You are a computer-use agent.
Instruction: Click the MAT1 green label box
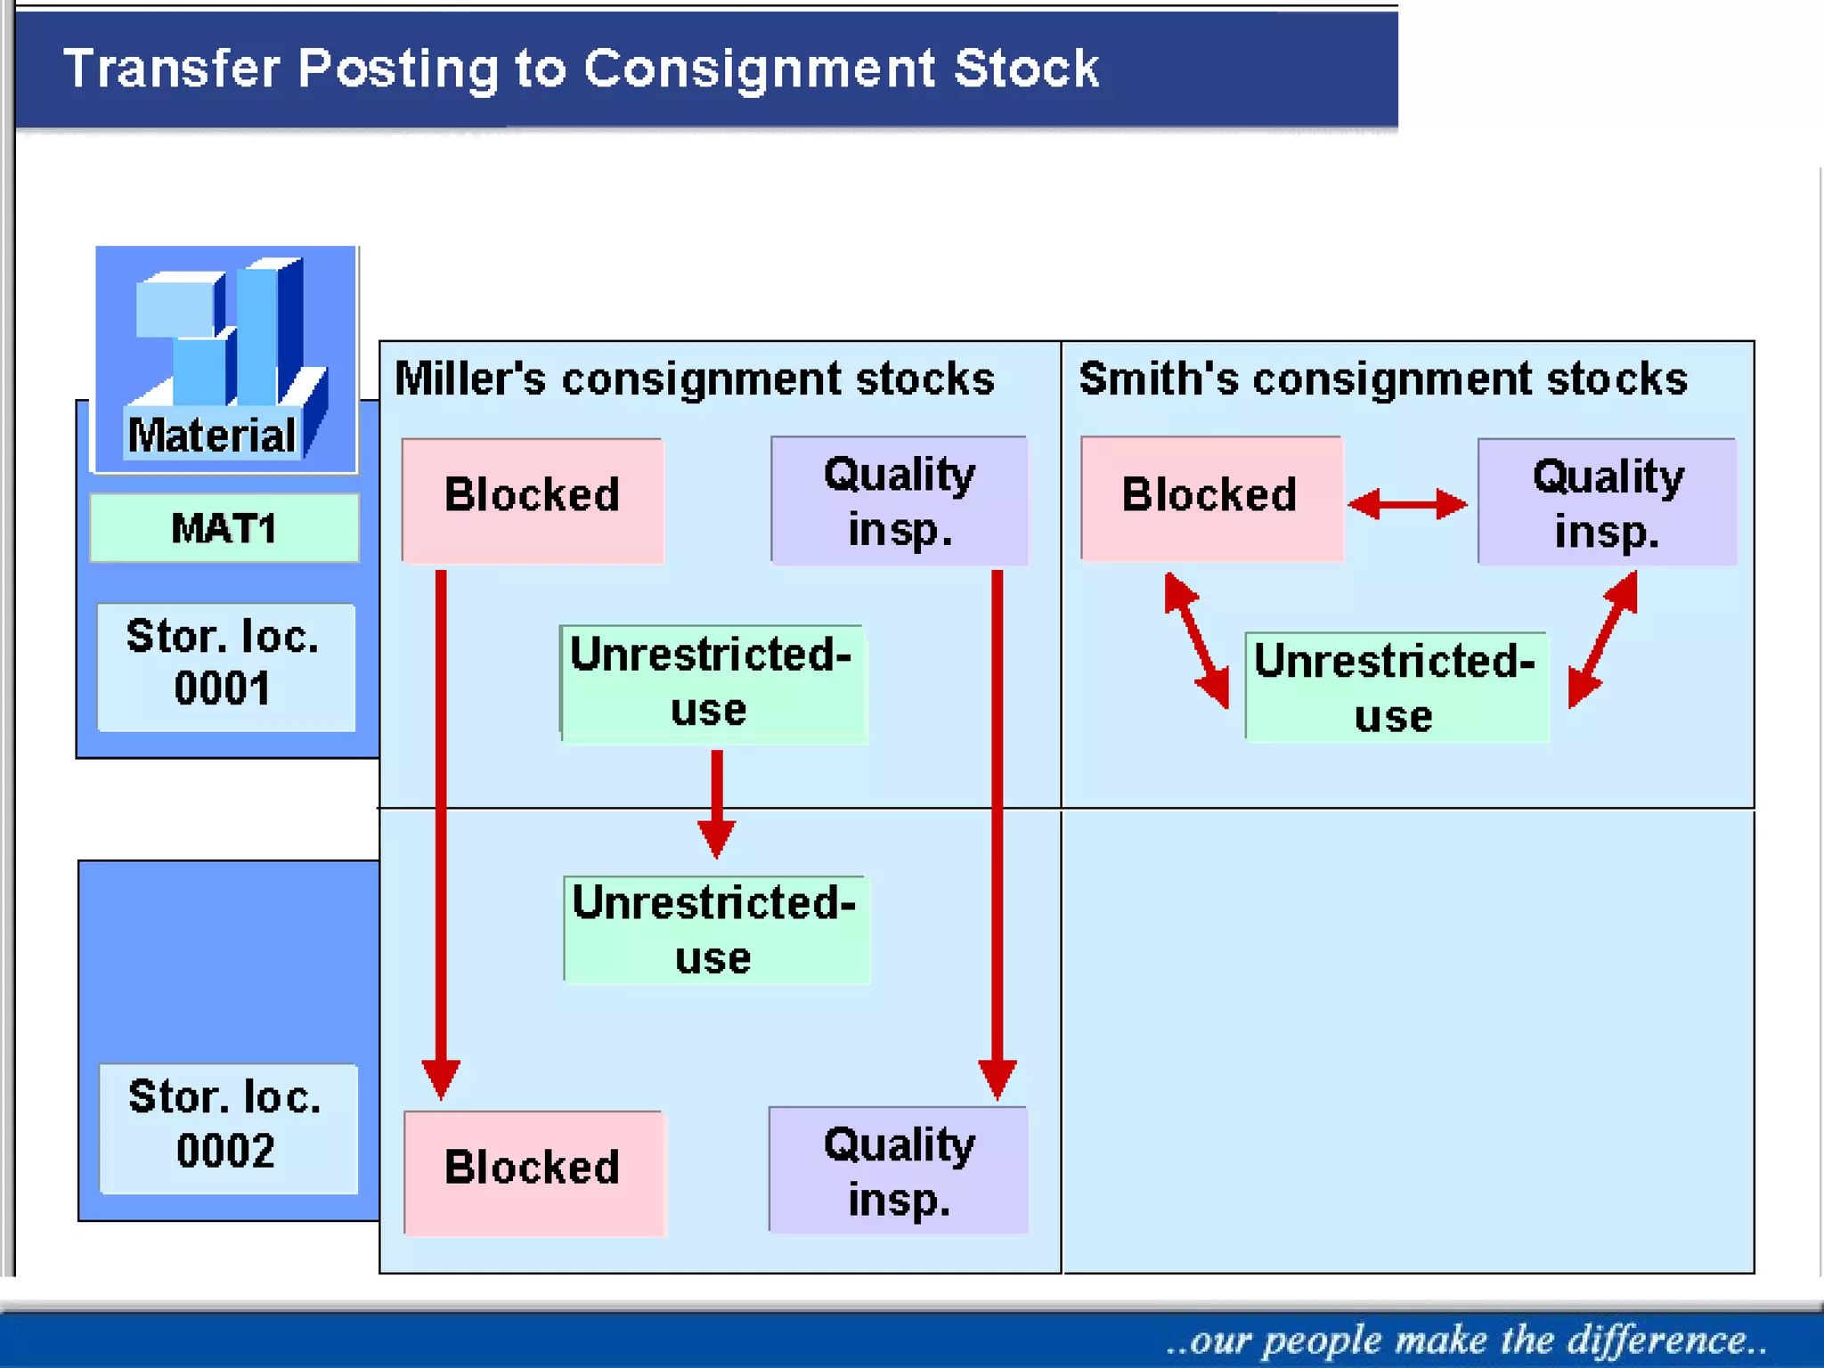click(x=224, y=528)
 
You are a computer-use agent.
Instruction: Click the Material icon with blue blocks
click(x=226, y=359)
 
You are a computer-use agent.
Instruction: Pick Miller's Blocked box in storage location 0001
click(x=532, y=498)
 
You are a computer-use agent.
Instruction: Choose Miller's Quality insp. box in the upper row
click(x=899, y=501)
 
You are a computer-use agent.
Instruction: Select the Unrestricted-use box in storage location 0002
click(x=715, y=930)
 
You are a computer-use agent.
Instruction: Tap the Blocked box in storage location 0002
click(x=533, y=1170)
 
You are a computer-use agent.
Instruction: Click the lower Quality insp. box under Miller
click(x=898, y=1170)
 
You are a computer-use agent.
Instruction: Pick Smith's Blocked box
click(x=1210, y=497)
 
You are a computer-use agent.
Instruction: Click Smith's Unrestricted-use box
click(x=1396, y=687)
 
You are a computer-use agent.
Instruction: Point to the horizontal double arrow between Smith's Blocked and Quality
click(x=1407, y=504)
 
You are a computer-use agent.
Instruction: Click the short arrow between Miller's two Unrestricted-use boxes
click(x=717, y=802)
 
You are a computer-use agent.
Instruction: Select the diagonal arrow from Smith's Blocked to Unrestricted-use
click(x=1197, y=640)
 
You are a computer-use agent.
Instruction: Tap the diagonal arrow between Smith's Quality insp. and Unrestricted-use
click(x=1603, y=639)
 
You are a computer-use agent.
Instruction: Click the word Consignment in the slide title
click(x=759, y=69)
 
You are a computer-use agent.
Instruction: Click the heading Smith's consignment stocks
click(x=1382, y=379)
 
